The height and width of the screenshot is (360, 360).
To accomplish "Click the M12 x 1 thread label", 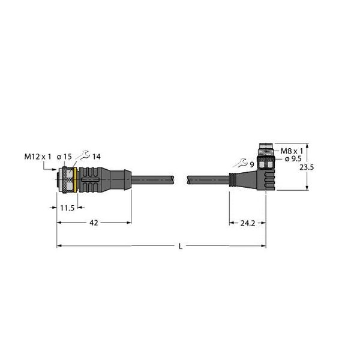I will (37, 157).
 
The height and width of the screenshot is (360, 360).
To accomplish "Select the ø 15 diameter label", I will (64, 157).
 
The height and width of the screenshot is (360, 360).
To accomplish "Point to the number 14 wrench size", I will (96, 157).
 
